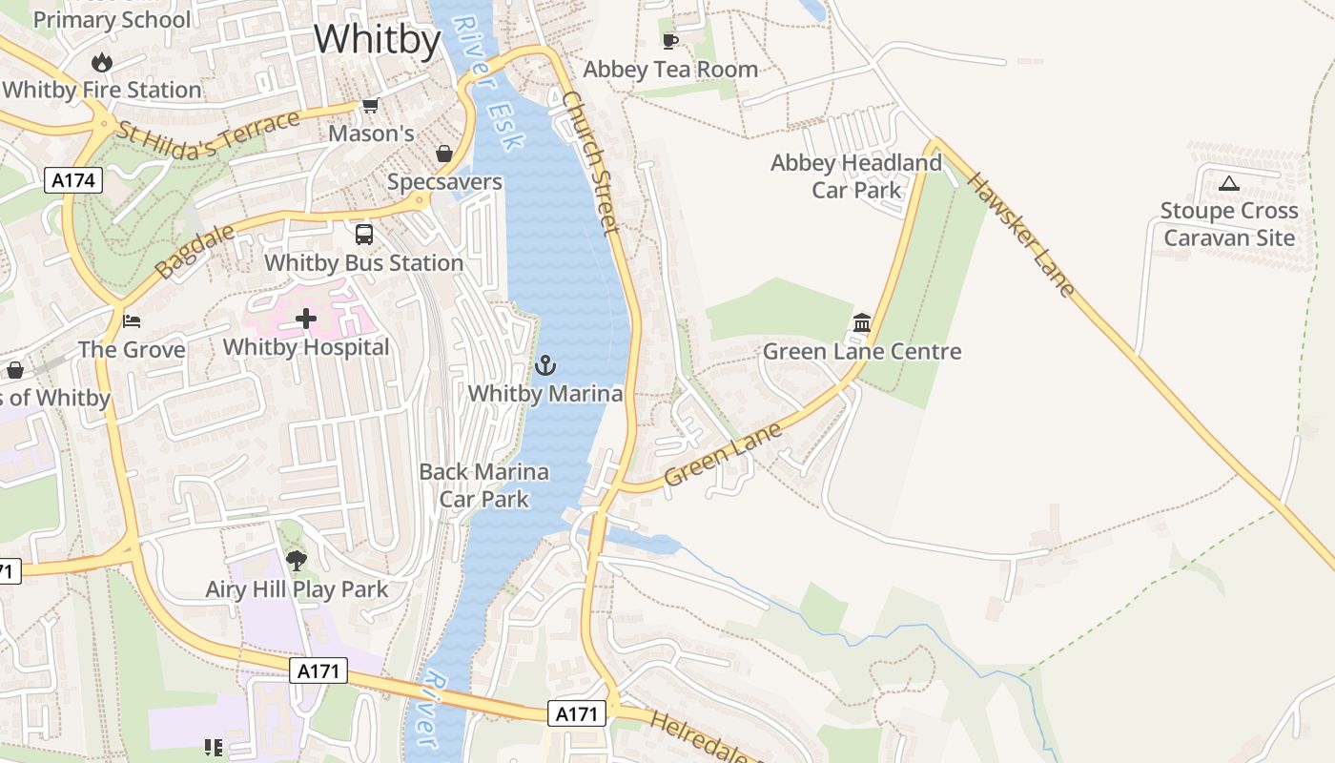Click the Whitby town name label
377,40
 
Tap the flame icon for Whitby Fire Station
101,63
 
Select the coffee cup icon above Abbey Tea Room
670,41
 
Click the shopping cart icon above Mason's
370,106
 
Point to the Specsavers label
444,181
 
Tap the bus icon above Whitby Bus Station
363,235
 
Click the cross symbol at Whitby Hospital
306,319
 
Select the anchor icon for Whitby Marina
544,365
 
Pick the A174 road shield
72,180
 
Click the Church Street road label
590,162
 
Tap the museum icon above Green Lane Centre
862,323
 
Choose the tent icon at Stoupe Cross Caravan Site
1228,183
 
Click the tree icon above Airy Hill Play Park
297,560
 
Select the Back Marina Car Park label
484,485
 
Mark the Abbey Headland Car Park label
856,176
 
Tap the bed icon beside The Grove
132,320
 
